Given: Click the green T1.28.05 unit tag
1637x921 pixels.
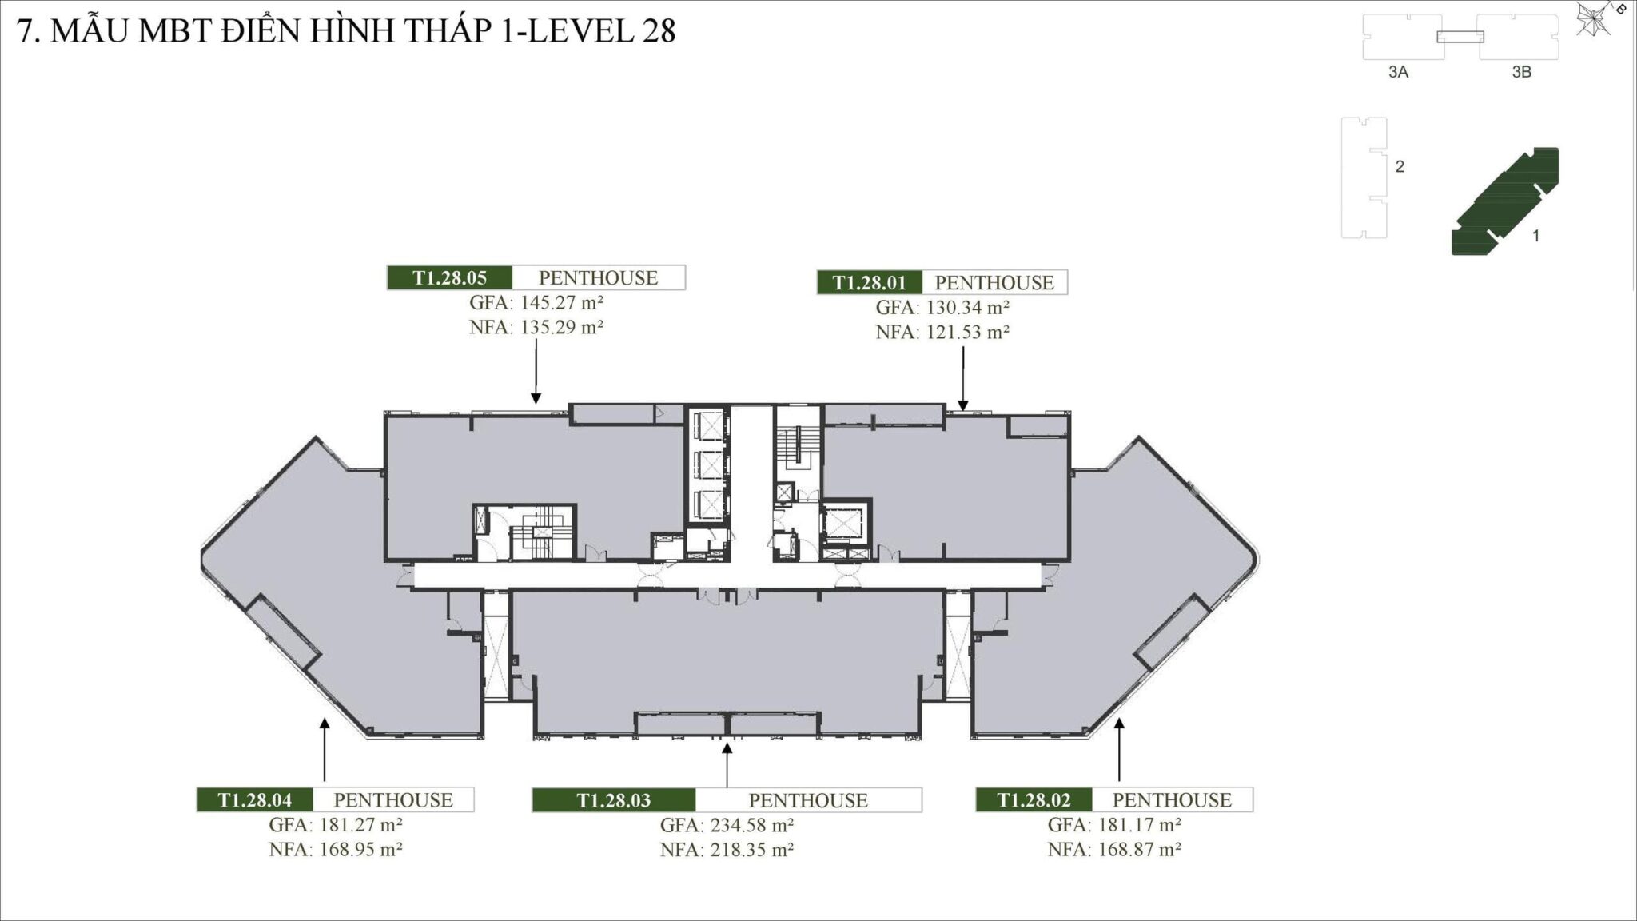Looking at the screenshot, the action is click(450, 277).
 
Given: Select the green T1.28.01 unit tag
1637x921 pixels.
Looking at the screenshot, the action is click(870, 282).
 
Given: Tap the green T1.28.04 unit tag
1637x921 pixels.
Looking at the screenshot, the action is click(255, 799).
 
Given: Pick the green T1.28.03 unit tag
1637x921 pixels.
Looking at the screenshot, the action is click(614, 800).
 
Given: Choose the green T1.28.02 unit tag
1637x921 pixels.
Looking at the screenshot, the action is click(1034, 799).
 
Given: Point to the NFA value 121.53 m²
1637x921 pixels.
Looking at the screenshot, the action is click(967, 332).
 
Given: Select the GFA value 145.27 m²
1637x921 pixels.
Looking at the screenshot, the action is click(561, 302).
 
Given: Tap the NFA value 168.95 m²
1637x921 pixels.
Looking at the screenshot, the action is click(360, 849).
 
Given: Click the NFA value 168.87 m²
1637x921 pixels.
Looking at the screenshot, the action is click(1140, 849).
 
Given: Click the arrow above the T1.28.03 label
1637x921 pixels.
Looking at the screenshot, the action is click(727, 765).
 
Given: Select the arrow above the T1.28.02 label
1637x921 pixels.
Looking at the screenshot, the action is click(1119, 749).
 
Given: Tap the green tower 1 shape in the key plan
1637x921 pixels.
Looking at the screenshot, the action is click(1505, 201).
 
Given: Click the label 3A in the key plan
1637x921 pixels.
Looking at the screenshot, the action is click(1398, 72).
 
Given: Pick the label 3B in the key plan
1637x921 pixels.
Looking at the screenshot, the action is click(1522, 72).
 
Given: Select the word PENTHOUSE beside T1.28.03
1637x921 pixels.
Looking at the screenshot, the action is click(808, 800).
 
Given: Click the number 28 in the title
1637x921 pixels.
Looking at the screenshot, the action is click(658, 30).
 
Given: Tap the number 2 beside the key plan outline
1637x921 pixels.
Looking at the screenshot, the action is click(1400, 167).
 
